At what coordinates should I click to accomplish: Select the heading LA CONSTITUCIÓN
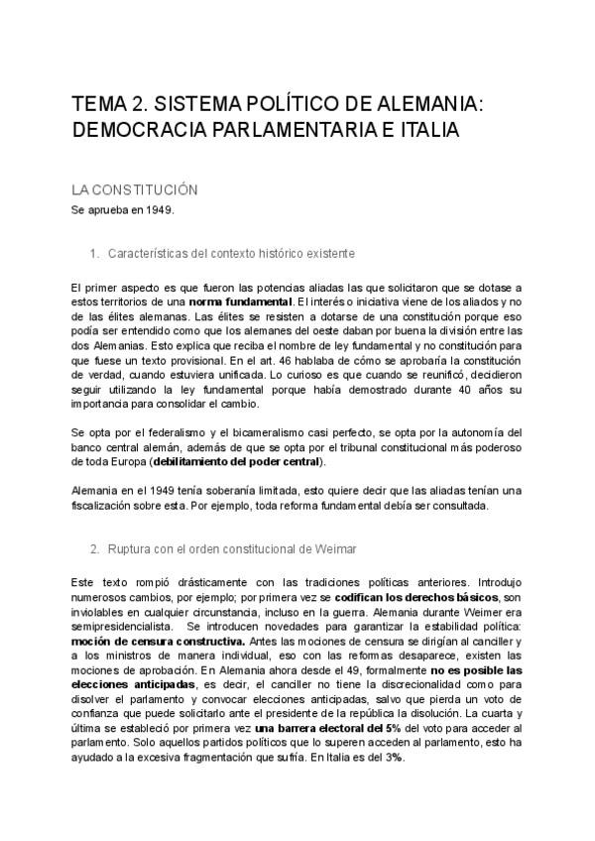[136, 189]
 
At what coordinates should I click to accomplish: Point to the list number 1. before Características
[94, 253]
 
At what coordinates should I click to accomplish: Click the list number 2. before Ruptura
[94, 547]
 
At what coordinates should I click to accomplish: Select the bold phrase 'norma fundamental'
[240, 301]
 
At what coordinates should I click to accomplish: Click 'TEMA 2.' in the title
[109, 104]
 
